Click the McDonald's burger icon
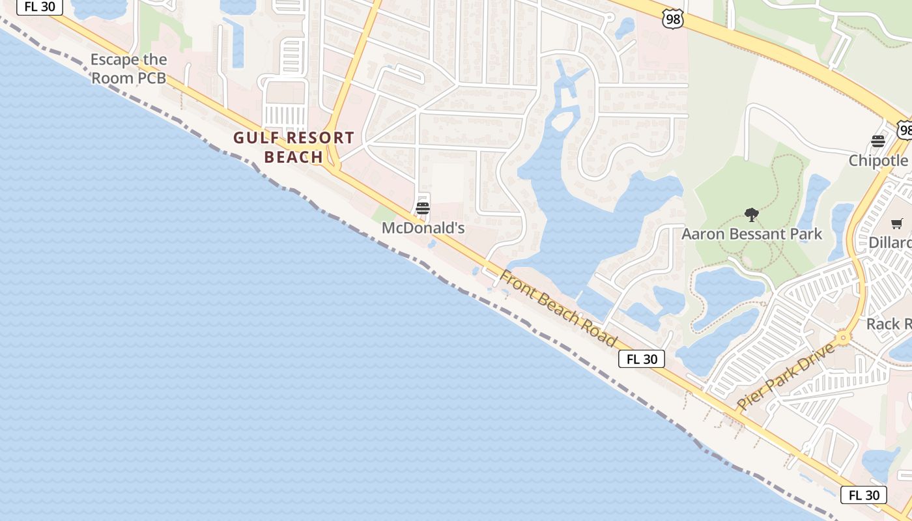click(x=423, y=208)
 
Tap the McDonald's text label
click(x=423, y=228)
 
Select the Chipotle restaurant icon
click(x=877, y=142)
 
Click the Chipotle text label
click(x=878, y=161)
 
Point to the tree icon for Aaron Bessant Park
click(x=752, y=215)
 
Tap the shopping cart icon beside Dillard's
click(x=897, y=224)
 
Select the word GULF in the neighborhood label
click(x=255, y=138)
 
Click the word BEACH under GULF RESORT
click(x=294, y=157)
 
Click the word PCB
click(x=149, y=78)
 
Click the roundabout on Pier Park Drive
click(x=843, y=338)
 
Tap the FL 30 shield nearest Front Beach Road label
click(x=641, y=359)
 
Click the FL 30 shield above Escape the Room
click(x=39, y=7)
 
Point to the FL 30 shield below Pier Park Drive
click(x=863, y=495)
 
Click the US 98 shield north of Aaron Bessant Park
click(x=673, y=20)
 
